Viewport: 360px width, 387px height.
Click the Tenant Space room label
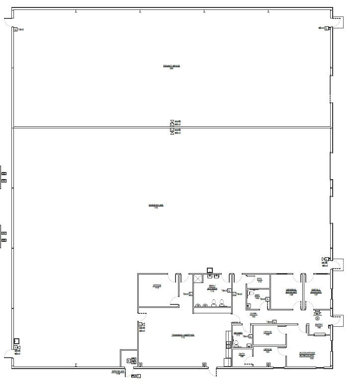171,67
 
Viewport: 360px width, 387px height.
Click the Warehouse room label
156,206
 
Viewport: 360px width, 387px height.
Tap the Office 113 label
157,286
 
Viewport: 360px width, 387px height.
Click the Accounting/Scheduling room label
307,355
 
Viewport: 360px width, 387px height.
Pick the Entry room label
319,326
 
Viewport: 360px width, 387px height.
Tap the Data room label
242,355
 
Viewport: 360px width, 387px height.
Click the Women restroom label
238,334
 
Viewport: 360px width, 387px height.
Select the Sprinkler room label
118,372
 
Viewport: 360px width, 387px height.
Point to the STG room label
260,280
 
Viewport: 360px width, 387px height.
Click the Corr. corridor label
253,315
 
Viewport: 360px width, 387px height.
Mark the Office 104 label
268,333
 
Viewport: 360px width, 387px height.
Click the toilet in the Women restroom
236,343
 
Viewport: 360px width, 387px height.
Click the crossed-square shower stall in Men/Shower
198,279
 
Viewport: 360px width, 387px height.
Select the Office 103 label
268,351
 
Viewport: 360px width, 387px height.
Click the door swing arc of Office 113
174,300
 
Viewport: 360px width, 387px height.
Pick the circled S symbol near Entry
317,317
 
